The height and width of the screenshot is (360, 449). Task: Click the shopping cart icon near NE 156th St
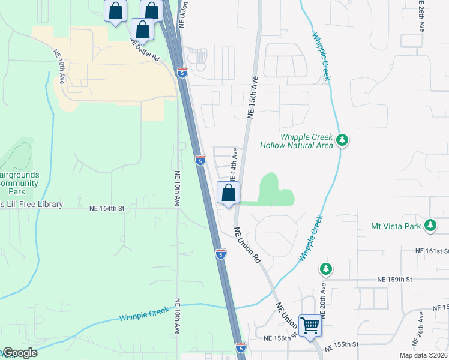click(310, 326)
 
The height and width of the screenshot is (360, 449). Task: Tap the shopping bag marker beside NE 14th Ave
click(228, 193)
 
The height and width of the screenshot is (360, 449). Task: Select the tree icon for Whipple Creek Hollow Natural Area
click(342, 140)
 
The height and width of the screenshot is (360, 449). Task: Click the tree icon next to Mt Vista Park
click(430, 225)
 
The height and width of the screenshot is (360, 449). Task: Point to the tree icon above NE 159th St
click(325, 268)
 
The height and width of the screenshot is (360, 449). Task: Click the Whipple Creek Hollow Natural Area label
click(297, 141)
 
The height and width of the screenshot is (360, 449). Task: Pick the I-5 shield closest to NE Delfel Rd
click(182, 73)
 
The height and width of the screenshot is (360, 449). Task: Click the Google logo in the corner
click(19, 353)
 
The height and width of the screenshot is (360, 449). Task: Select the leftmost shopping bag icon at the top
click(115, 11)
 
